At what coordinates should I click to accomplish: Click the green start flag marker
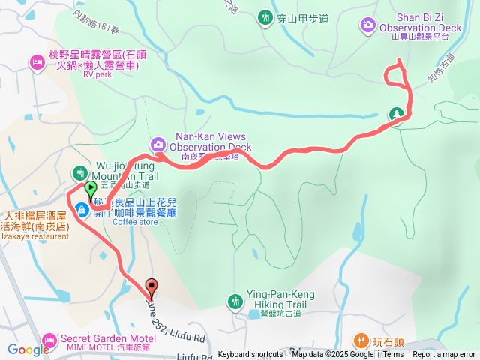point(91,189)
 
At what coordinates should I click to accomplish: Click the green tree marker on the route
point(395,115)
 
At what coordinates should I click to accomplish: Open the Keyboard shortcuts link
point(250,355)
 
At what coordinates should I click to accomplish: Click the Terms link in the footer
point(393,355)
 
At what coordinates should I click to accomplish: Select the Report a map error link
point(444,355)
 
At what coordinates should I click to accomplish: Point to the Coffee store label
point(136,222)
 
